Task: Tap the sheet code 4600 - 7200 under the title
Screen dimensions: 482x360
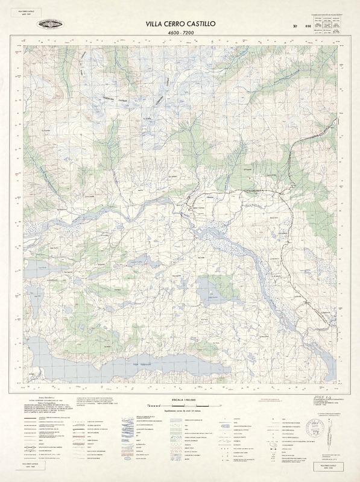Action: [x=180, y=34]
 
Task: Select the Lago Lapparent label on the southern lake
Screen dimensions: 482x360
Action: [x=139, y=365]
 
